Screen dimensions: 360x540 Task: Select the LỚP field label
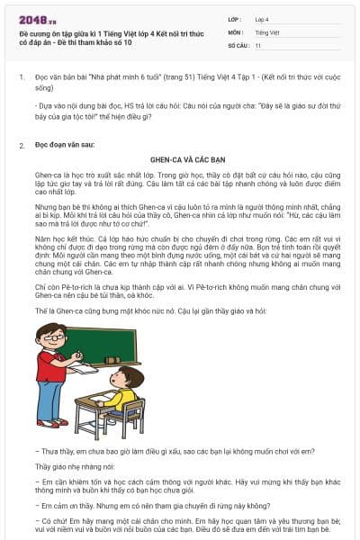coord(235,18)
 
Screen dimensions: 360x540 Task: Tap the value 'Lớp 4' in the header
coord(262,18)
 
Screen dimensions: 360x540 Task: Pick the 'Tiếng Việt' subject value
coord(267,31)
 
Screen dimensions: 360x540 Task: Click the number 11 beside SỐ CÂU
coord(258,44)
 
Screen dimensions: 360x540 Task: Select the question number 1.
coord(21,79)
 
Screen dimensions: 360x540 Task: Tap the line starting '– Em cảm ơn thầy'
coord(135,505)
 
